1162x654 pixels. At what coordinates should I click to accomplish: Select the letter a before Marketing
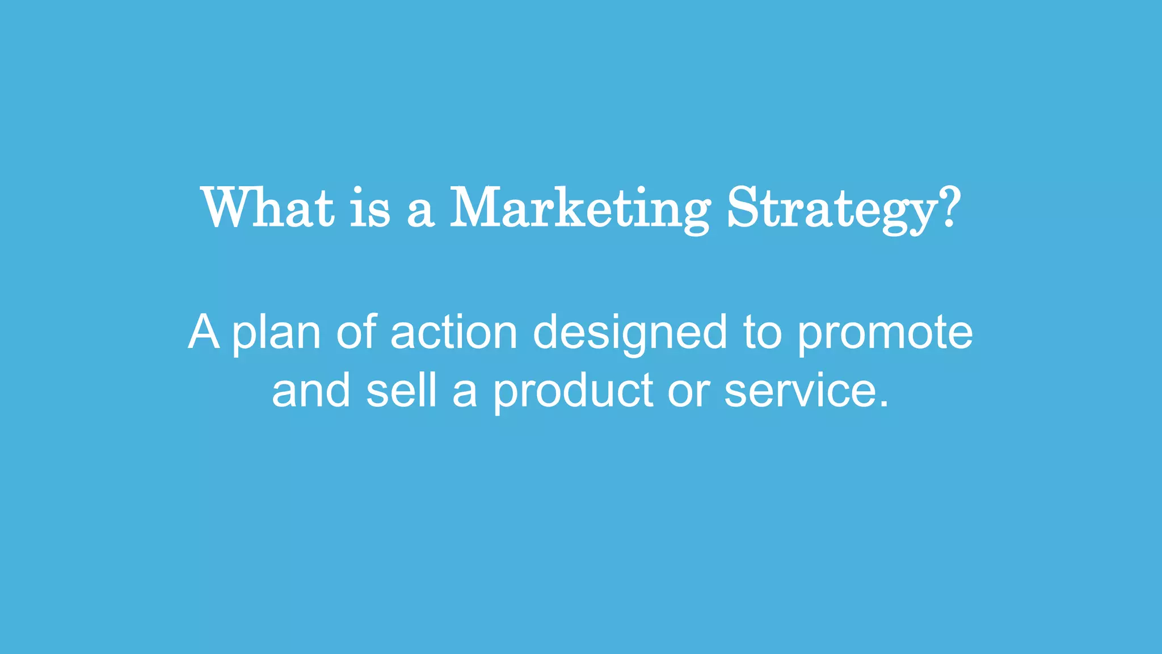point(420,210)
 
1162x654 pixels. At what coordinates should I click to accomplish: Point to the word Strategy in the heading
point(831,209)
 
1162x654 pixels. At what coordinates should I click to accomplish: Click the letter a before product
point(465,393)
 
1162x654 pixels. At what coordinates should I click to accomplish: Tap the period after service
point(882,404)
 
